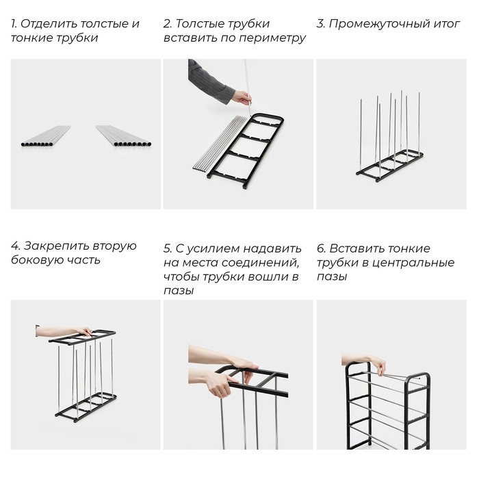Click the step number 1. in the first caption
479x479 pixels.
click(x=14, y=24)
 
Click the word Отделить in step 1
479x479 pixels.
click(x=49, y=24)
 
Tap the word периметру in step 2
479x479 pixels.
click(x=275, y=38)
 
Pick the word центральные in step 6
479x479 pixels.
click(x=419, y=263)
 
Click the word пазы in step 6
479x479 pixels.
click(x=331, y=277)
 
